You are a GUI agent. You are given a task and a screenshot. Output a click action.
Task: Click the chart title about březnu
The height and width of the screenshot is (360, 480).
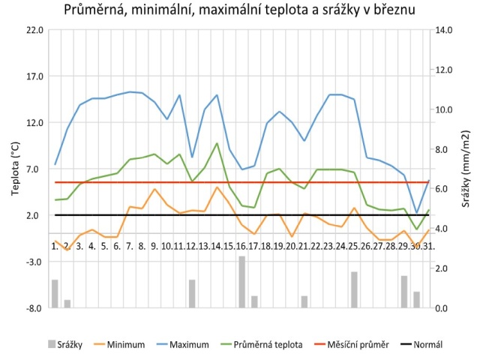pyautogui.click(x=240, y=12)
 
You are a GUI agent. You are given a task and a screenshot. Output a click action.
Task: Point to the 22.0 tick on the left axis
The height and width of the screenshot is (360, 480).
pyautogui.click(x=34, y=30)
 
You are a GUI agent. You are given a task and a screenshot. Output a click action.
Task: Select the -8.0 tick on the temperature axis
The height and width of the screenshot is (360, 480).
pyautogui.click(x=34, y=307)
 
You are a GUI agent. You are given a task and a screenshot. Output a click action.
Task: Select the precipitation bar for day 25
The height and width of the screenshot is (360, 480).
pyautogui.click(x=354, y=289)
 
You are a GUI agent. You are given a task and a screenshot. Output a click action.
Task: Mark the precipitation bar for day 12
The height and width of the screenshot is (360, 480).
pyautogui.click(x=192, y=293)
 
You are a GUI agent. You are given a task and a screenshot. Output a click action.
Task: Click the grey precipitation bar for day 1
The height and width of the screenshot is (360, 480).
pyautogui.click(x=55, y=293)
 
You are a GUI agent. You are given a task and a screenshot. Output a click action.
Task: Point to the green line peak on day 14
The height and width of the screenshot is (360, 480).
pyautogui.click(x=217, y=143)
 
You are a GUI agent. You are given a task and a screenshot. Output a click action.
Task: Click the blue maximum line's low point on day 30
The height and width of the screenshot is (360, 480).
pyautogui.click(x=417, y=213)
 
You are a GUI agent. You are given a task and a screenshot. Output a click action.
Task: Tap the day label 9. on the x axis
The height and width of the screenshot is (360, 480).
pyautogui.click(x=154, y=246)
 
